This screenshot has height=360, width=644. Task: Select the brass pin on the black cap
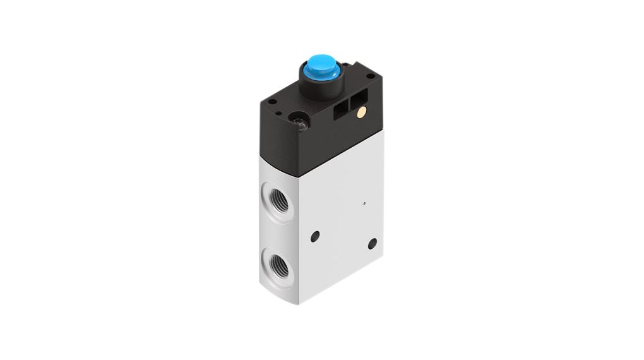(361, 113)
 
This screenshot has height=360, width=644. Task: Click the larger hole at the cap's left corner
(273, 102)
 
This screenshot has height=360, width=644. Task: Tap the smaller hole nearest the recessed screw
(285, 116)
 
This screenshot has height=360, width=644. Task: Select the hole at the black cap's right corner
(371, 76)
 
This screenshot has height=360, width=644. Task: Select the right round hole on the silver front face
(372, 243)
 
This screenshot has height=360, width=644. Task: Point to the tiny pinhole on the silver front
(364, 203)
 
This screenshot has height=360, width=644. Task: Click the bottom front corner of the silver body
(299, 302)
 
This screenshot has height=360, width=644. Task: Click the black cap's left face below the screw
(284, 142)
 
